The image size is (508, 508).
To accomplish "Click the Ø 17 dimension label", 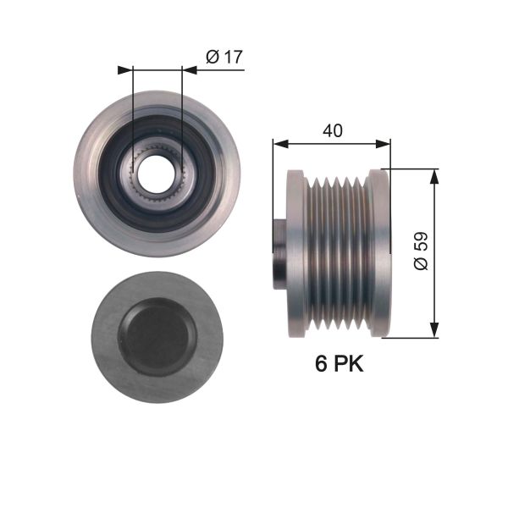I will [x=224, y=57].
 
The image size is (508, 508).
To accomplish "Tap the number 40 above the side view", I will [x=332, y=131].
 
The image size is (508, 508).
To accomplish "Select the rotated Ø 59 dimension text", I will [x=421, y=251].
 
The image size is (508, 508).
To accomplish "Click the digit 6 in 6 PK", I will [x=322, y=365].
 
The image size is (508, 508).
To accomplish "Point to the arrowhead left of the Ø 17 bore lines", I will [x=126, y=70].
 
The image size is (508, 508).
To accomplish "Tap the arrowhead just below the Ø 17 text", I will [x=189, y=70].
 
